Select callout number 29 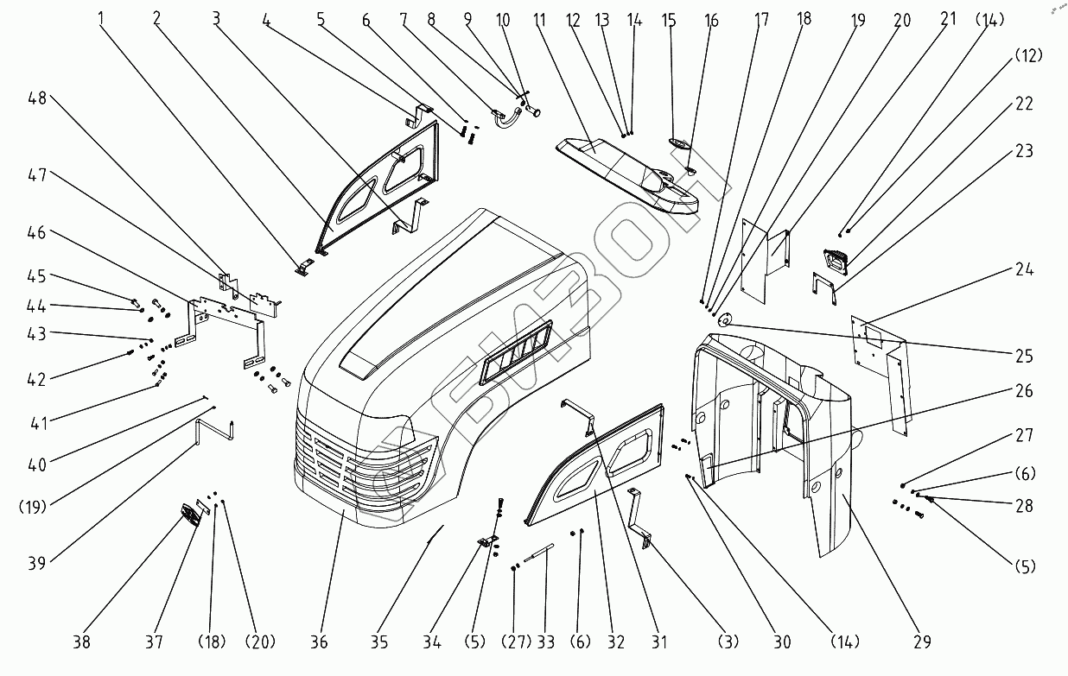coord(922,642)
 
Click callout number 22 coord(1024,104)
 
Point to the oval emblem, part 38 coord(188,516)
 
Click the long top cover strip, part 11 coord(626,169)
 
